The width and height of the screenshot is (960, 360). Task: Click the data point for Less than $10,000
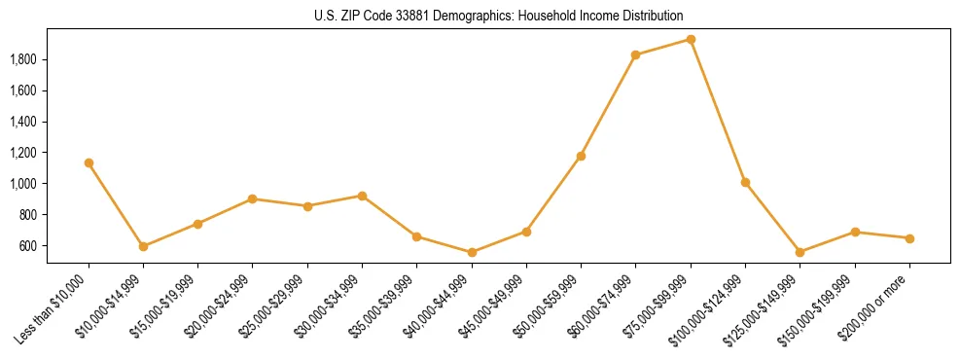point(89,162)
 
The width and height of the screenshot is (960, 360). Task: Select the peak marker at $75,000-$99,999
point(691,39)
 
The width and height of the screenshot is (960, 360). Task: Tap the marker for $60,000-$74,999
point(635,54)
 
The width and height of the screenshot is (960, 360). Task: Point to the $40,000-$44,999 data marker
point(472,252)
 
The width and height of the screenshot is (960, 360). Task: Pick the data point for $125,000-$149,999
point(800,252)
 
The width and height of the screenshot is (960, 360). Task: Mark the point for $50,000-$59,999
point(581,156)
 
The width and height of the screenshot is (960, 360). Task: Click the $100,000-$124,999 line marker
point(745,182)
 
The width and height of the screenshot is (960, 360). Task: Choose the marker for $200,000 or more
point(909,238)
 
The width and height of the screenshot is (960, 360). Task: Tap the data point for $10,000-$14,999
point(143,246)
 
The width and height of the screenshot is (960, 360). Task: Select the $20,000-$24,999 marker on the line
point(253,198)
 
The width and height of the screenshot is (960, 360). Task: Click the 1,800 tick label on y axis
point(22,59)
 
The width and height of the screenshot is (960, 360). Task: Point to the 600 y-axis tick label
point(28,245)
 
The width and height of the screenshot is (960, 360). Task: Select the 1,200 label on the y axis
point(22,153)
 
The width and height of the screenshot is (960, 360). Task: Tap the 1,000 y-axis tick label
point(22,184)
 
